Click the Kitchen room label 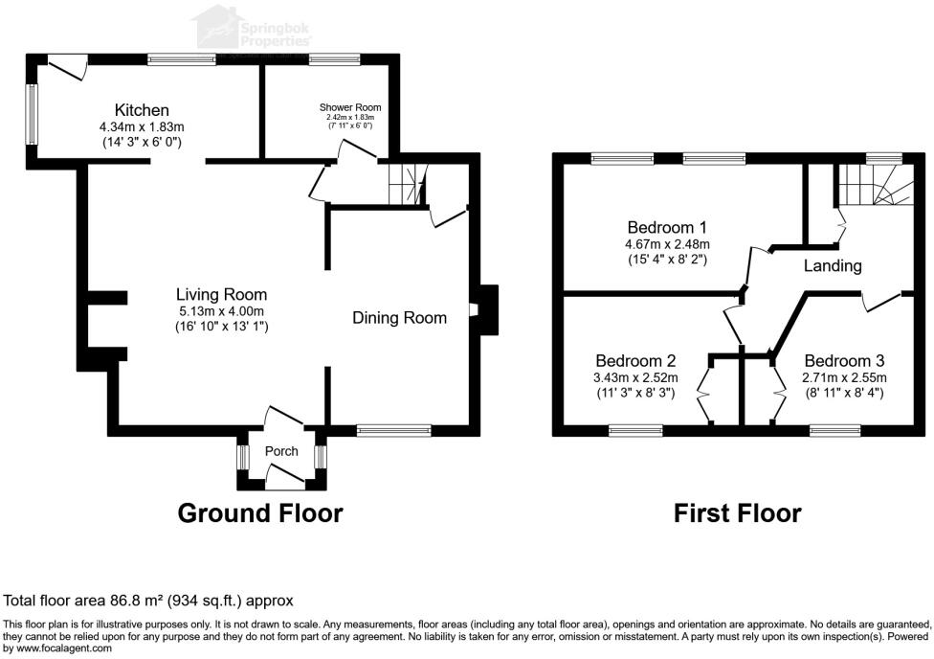(142, 110)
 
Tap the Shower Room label (349, 107)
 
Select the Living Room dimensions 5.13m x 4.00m (221, 311)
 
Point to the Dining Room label (399, 318)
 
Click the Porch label (281, 451)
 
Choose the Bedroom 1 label (666, 228)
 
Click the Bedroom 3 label (844, 361)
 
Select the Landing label (833, 266)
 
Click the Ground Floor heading (260, 513)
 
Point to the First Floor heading (737, 513)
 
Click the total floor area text (148, 601)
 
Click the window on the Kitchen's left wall (32, 115)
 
